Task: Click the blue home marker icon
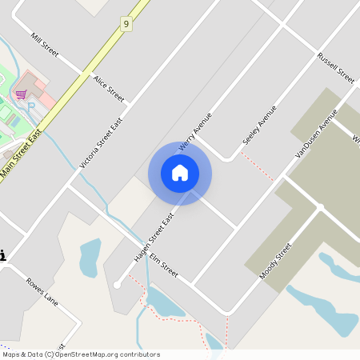pos(180,173)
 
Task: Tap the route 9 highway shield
pos(126,25)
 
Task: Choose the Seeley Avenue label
pos(259,125)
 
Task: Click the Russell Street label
pos(335,69)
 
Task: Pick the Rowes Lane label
pos(42,290)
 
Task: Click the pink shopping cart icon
pos(21,94)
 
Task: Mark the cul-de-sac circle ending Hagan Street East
pos(117,284)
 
